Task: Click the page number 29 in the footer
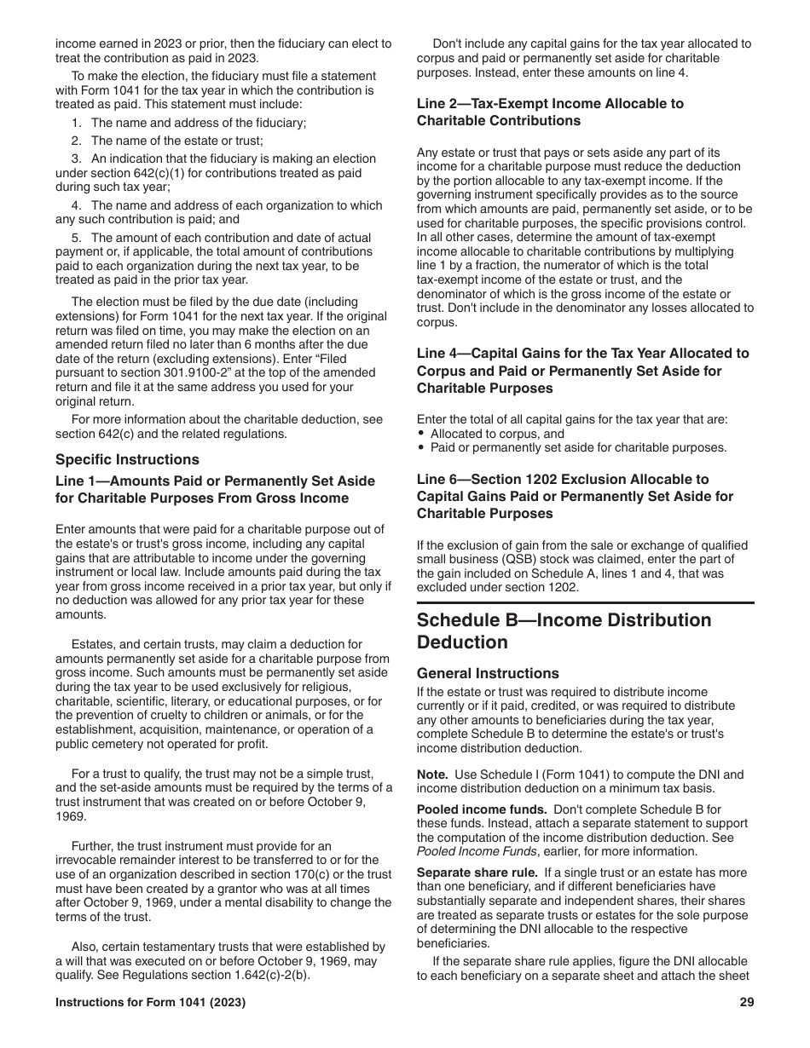tap(747, 1003)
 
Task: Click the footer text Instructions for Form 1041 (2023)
tap(151, 1003)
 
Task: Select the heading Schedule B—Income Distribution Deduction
tap(564, 631)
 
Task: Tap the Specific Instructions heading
tap(127, 459)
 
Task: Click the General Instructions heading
tap(488, 673)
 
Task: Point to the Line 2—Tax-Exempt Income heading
tap(550, 112)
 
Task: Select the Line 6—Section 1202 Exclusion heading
tap(574, 496)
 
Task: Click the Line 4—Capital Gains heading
tap(582, 371)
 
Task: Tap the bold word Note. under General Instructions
tap(432, 774)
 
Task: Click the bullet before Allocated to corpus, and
tap(421, 434)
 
